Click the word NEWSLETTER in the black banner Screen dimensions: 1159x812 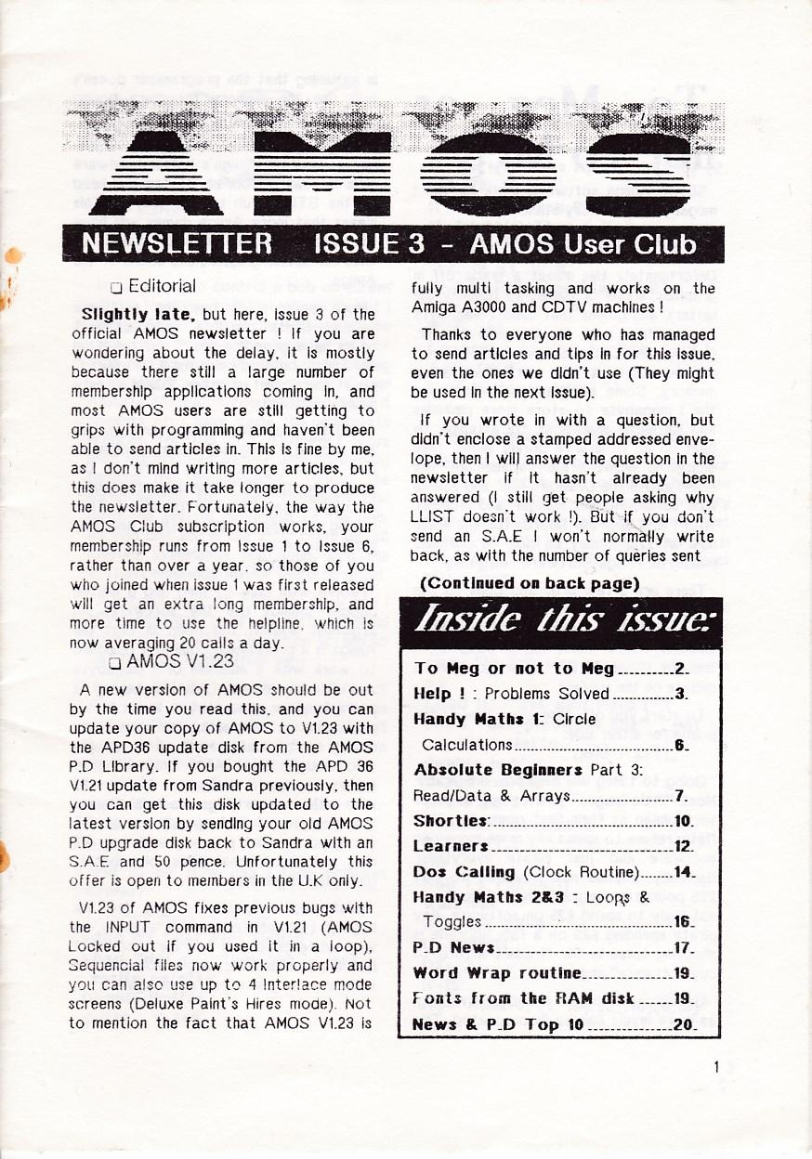(x=177, y=245)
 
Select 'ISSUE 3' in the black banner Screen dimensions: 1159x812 (x=370, y=245)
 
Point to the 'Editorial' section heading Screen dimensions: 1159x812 (x=162, y=286)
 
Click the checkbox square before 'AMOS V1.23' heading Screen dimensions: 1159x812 (x=115, y=663)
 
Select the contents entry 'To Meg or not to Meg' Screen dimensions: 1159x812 (x=515, y=669)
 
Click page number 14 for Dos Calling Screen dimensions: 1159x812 (x=685, y=872)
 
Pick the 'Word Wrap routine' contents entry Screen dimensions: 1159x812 (x=497, y=973)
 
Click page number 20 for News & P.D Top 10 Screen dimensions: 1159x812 (x=685, y=1024)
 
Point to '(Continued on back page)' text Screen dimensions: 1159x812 (x=530, y=583)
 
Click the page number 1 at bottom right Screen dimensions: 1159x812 (x=716, y=1067)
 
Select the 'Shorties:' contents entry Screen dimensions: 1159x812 (x=452, y=821)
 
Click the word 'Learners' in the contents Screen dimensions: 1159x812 (x=451, y=846)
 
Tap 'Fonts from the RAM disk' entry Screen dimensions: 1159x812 (x=523, y=999)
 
